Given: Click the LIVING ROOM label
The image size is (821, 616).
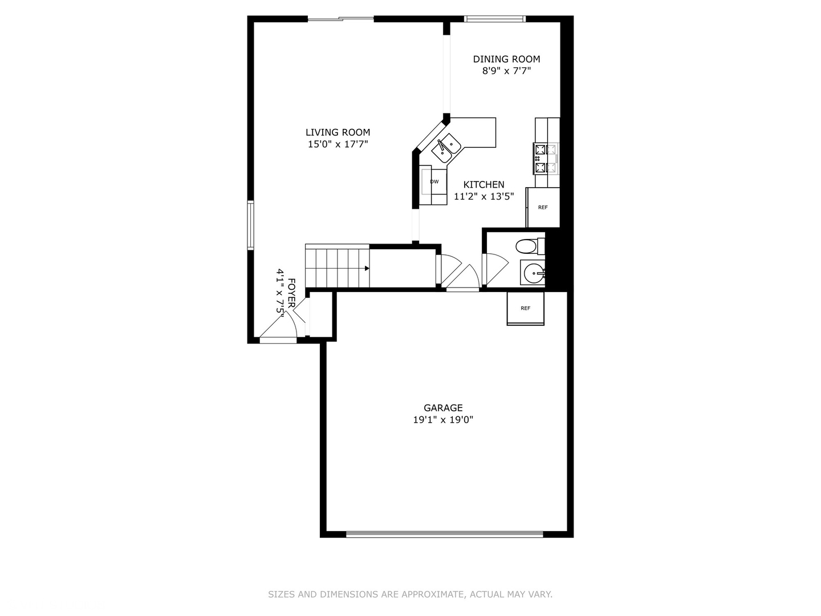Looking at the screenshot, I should click(338, 132).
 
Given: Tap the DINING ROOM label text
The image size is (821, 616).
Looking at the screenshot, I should click(506, 59).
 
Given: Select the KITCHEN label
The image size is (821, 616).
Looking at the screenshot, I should click(483, 184).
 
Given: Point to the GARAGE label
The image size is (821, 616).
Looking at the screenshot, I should click(443, 408).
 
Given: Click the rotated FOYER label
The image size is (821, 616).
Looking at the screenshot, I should click(291, 293).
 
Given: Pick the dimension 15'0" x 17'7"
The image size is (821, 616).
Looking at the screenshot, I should click(338, 144).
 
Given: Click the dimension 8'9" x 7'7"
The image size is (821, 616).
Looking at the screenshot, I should click(506, 71).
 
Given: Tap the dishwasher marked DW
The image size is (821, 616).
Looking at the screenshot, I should click(434, 182).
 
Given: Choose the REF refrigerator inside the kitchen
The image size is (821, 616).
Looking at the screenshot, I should click(542, 208).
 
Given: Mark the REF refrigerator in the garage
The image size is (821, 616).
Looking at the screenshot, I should click(525, 309).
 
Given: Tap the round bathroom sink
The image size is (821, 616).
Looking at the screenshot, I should click(534, 273).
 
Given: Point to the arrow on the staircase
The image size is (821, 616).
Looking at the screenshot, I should click(367, 268).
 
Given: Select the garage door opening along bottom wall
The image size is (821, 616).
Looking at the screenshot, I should click(445, 534).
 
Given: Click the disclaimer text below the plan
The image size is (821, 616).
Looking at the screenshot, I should click(410, 594).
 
